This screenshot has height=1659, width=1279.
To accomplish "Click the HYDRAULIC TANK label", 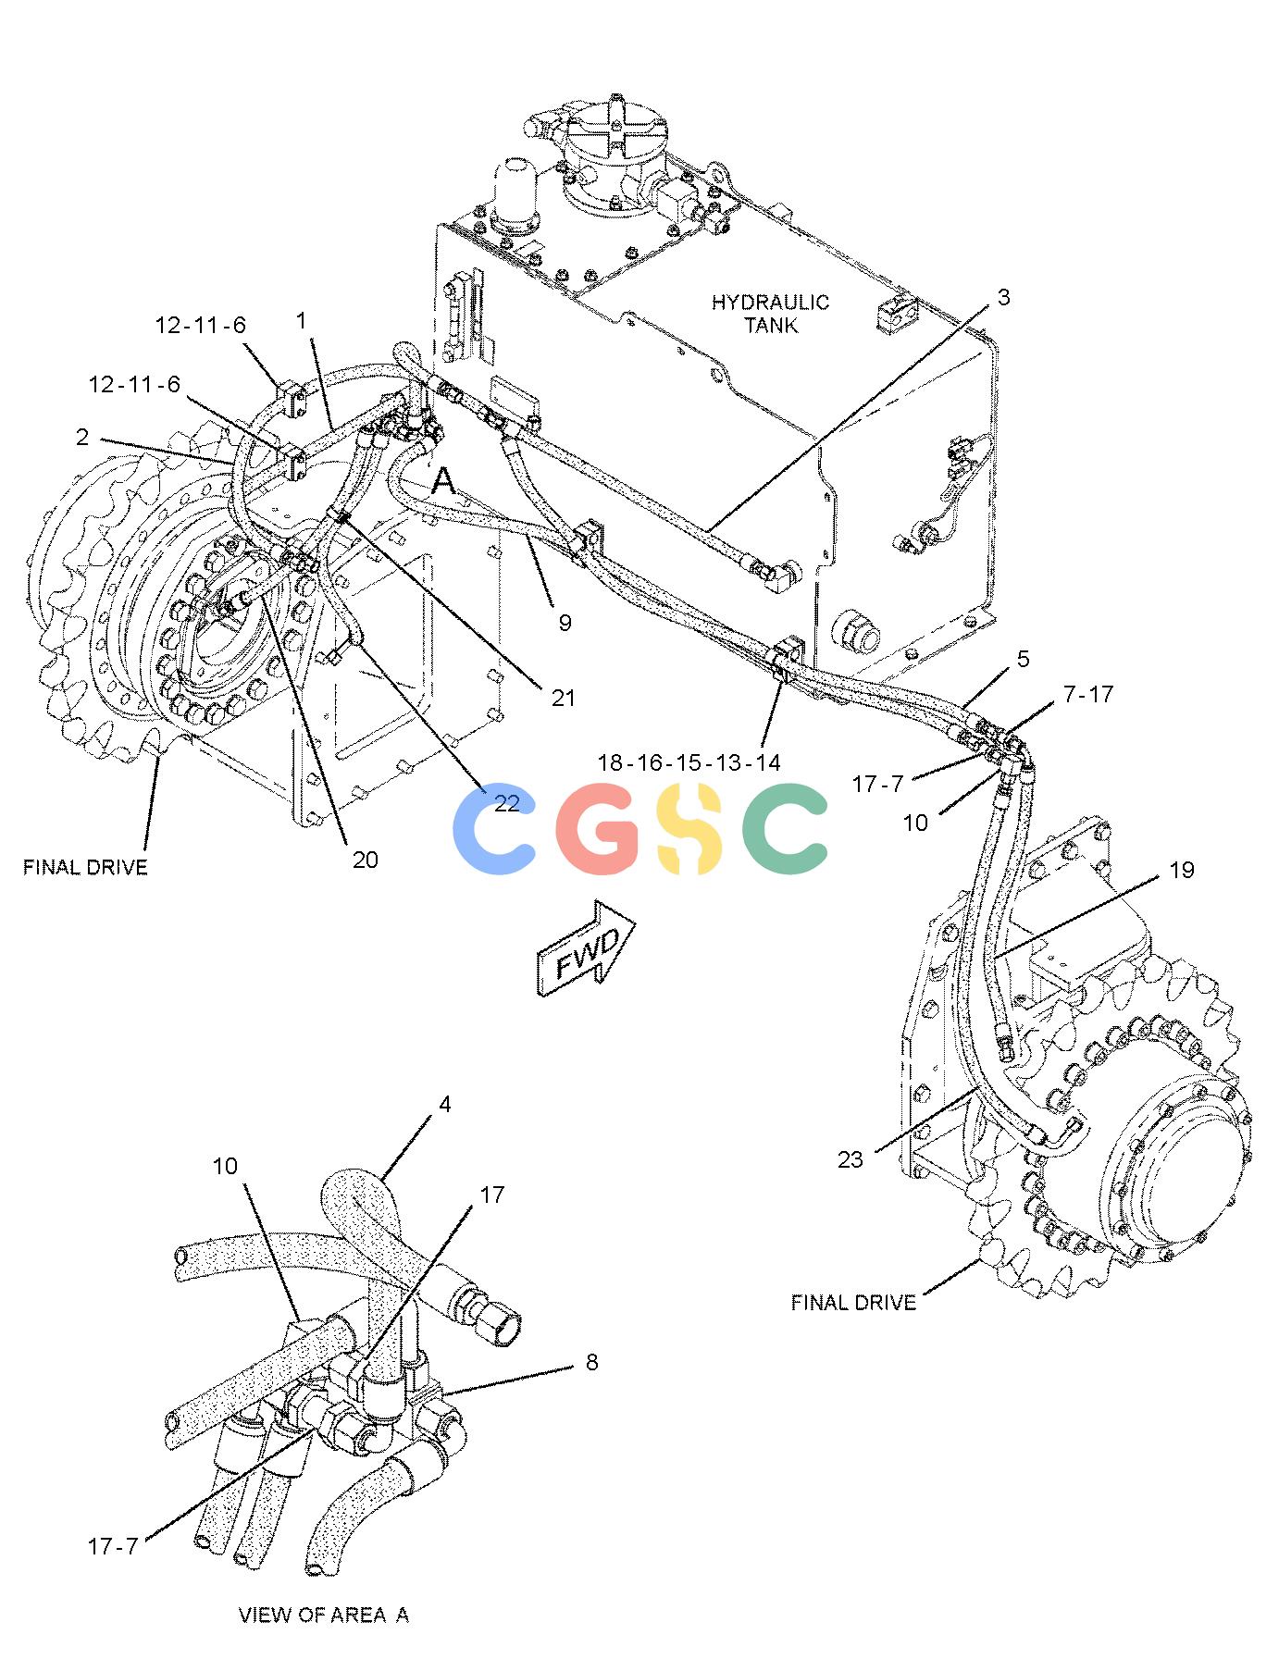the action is click(770, 314).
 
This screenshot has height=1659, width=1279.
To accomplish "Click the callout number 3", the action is click(1003, 297).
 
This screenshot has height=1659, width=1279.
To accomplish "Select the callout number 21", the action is click(564, 698).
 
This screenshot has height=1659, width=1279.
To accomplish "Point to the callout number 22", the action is click(506, 802).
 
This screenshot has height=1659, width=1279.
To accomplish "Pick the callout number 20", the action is click(366, 860).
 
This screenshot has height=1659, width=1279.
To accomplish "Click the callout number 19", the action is click(1182, 870).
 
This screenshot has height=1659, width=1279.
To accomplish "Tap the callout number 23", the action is click(851, 1159).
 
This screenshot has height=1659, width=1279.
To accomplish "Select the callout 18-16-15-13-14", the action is click(689, 762).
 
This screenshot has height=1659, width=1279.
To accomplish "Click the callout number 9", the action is click(565, 623).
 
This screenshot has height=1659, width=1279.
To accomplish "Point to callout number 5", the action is click(1023, 659).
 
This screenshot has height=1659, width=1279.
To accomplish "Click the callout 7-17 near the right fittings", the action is click(1088, 694).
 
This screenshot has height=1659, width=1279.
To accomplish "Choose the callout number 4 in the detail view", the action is click(445, 1104).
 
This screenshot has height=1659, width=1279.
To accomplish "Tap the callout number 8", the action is click(592, 1362).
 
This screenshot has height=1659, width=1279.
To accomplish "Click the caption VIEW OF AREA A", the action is click(324, 1615).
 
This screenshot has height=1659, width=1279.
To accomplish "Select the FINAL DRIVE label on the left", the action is click(85, 867).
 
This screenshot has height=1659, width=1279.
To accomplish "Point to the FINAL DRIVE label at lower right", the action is click(853, 1302).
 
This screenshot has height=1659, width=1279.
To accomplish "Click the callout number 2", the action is click(82, 437).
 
